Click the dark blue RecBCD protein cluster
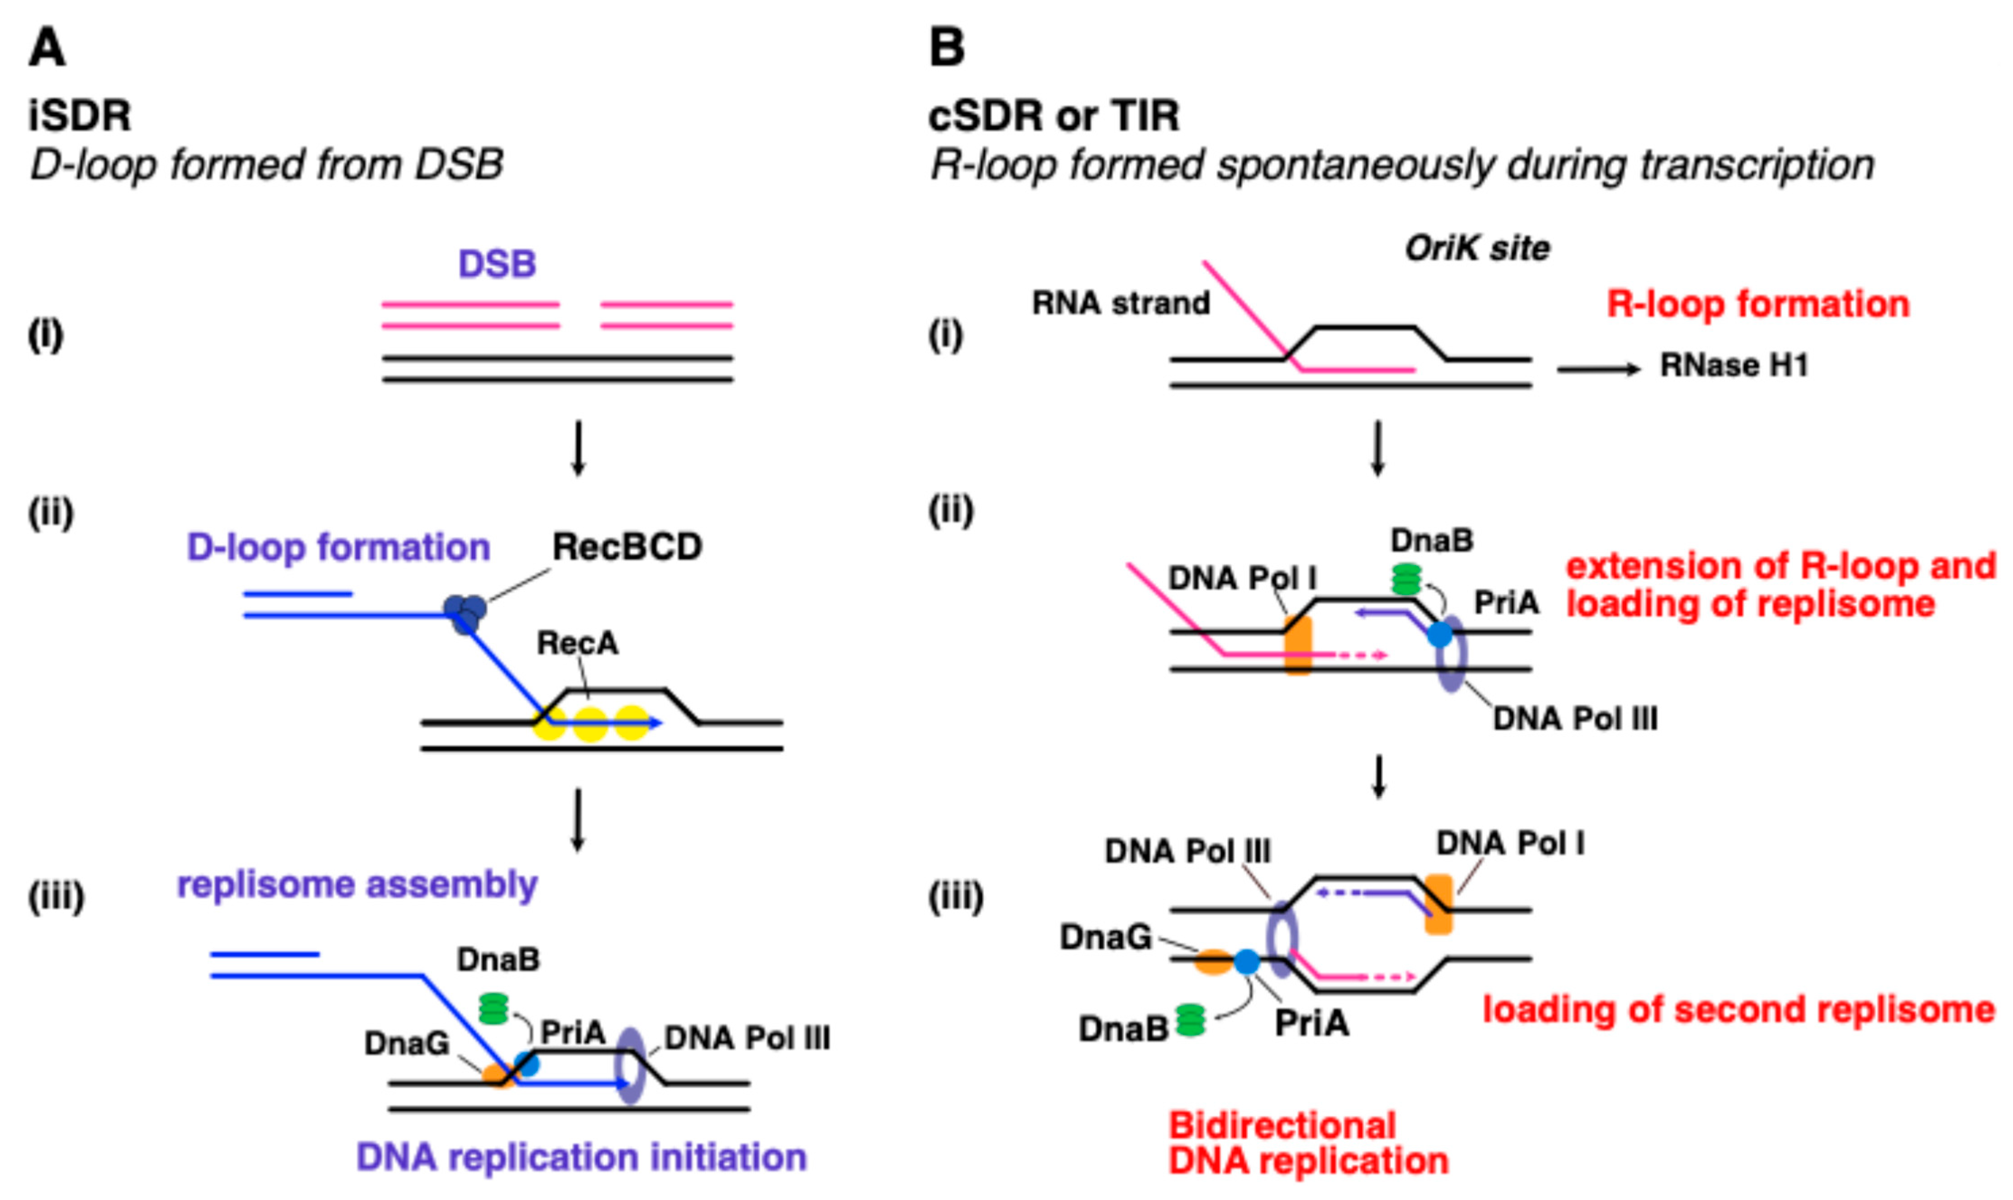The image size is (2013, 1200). click(465, 613)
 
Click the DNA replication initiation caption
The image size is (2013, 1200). click(581, 1157)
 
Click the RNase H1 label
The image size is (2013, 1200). click(1733, 366)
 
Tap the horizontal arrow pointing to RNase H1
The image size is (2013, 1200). click(1597, 370)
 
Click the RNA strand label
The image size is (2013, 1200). click(1120, 303)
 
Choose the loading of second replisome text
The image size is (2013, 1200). click(1738, 1010)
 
